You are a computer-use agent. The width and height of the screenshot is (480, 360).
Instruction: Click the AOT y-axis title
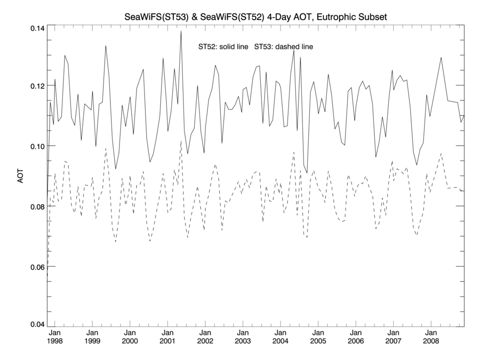pyautogui.click(x=21, y=177)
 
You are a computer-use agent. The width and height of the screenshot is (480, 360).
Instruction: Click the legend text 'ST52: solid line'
pyautogui.click(x=223, y=47)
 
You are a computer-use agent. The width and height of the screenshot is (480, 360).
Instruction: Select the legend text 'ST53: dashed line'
pyautogui.click(x=283, y=47)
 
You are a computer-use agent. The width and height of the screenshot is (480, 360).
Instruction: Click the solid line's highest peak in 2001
pyautogui.click(x=181, y=31)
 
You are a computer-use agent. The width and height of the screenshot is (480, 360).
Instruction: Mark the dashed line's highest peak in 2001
pyautogui.click(x=181, y=141)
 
